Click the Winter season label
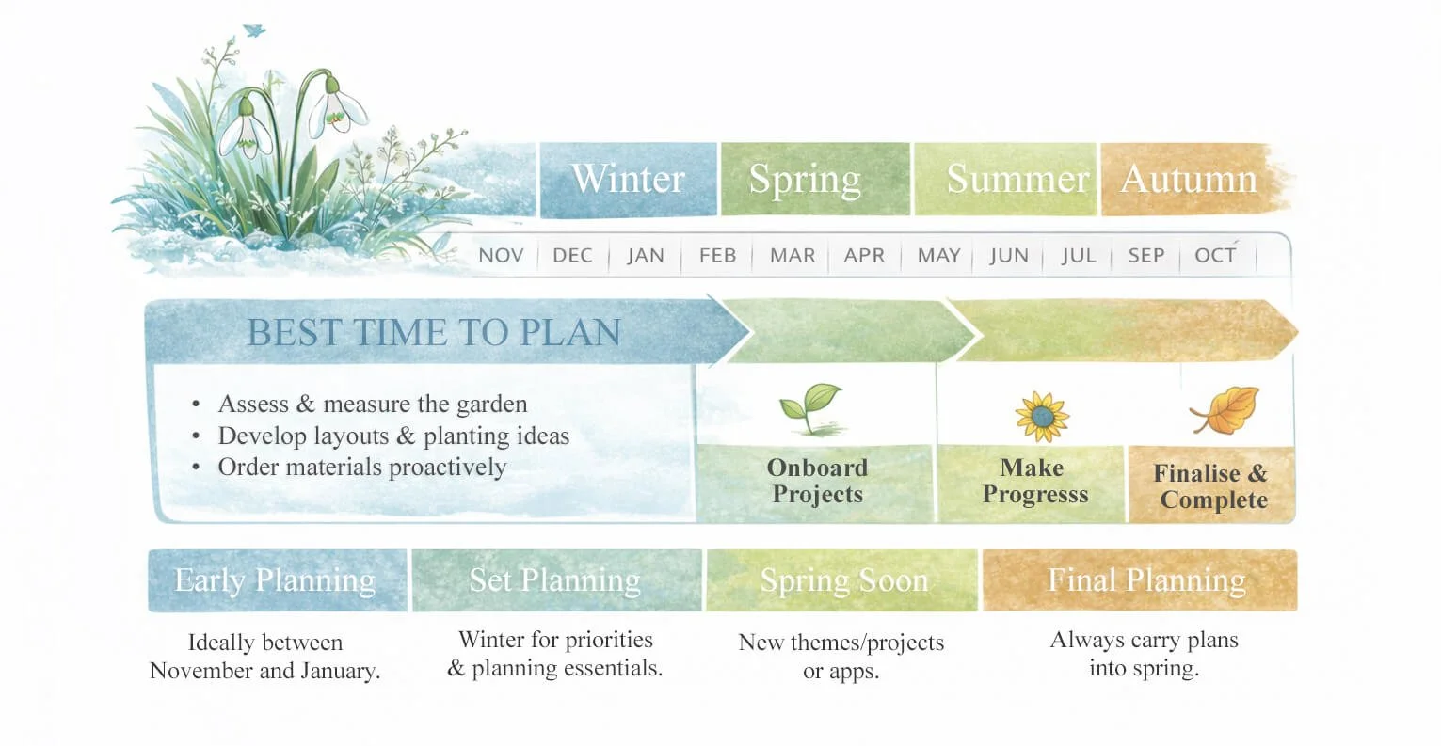[x=628, y=179]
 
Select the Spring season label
[x=805, y=179]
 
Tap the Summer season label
[x=1017, y=179]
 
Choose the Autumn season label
[x=1189, y=179]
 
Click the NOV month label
[x=501, y=256]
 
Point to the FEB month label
[x=717, y=256]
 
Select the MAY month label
[x=938, y=256]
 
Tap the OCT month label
[x=1214, y=256]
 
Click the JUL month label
[x=1079, y=256]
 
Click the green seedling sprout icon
[x=809, y=407]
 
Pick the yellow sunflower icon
[x=1042, y=416]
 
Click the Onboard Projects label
[x=817, y=481]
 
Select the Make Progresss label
[x=1034, y=481]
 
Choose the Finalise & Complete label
[x=1212, y=486]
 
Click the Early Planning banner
[x=276, y=580]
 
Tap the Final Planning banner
[x=1146, y=580]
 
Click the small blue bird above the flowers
[x=253, y=31]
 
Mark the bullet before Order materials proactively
[x=196, y=468]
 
